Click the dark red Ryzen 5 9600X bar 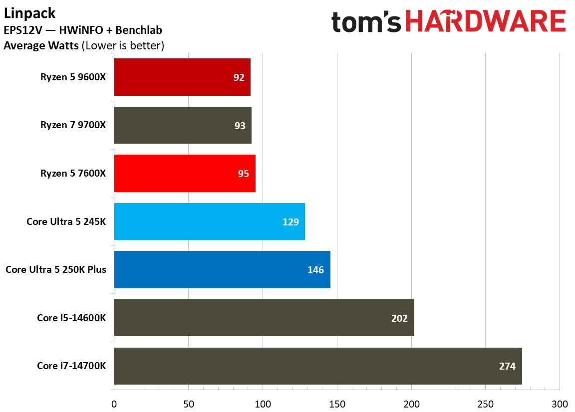pyautogui.click(x=182, y=77)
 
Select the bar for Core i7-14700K pyautogui.click(x=317, y=366)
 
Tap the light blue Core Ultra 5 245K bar pyautogui.click(x=209, y=221)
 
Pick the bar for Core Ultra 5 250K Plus pyautogui.click(x=222, y=270)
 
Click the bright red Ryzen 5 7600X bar pyautogui.click(x=185, y=173)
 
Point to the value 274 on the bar pyautogui.click(x=507, y=366)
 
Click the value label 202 pyautogui.click(x=399, y=318)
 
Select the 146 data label pyautogui.click(x=315, y=270)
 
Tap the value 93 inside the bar pyautogui.click(x=240, y=125)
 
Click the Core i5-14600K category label pyautogui.click(x=71, y=318)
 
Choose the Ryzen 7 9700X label pyautogui.click(x=73, y=125)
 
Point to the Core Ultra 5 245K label pyautogui.click(x=66, y=221)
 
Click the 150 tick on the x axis pyautogui.click(x=337, y=403)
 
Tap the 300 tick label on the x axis pyautogui.click(x=560, y=403)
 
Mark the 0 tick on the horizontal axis pyautogui.click(x=114, y=403)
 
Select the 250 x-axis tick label pyautogui.click(x=485, y=403)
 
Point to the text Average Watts pyautogui.click(x=40, y=46)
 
